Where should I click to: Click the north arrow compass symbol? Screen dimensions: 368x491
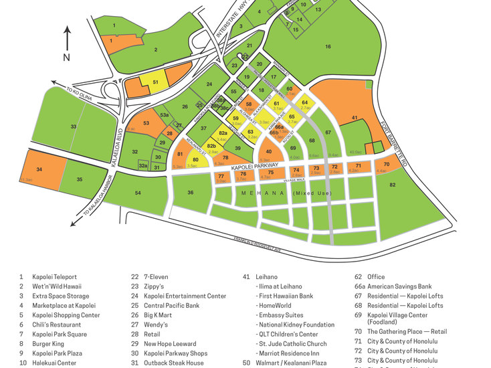coord(66,42)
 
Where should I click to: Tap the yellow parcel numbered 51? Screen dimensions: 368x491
coord(155,82)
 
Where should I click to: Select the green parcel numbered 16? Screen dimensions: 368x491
coord(328,46)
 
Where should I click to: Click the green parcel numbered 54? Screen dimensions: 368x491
coord(138,193)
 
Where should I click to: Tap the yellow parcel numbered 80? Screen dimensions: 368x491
coord(195,160)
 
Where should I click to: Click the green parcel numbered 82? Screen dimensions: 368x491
coord(393,184)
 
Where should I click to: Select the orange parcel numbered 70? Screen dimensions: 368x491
coord(386,164)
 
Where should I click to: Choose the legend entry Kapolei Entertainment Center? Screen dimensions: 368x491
coord(185,296)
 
